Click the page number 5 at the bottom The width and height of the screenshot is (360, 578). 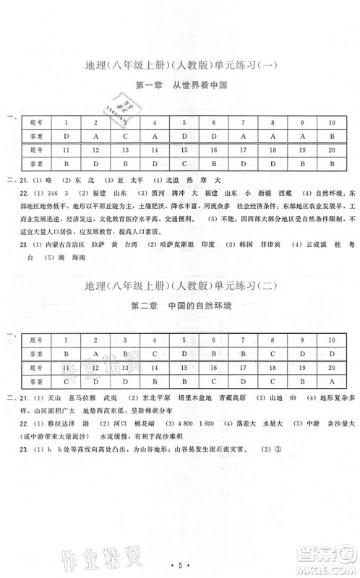[x=180, y=558]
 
